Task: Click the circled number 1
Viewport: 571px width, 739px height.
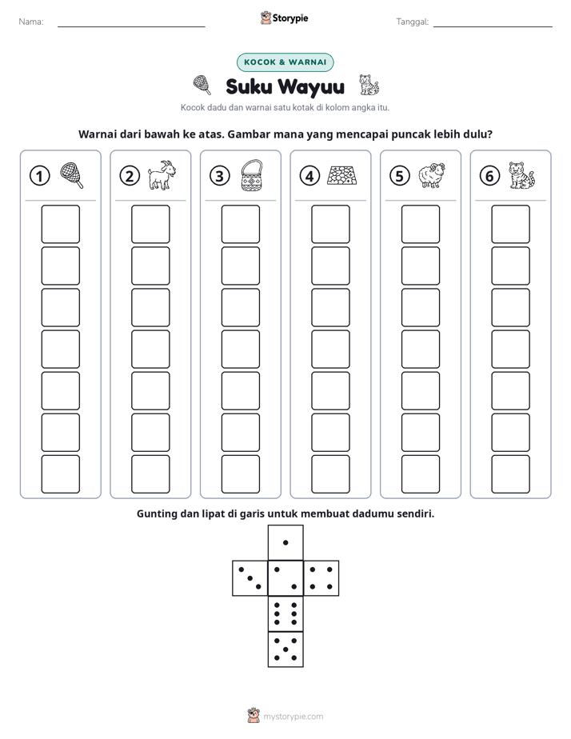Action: pyautogui.click(x=39, y=176)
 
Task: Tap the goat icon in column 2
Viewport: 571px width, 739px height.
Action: pyautogui.click(x=162, y=175)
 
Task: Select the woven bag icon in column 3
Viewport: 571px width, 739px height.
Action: pyautogui.click(x=252, y=175)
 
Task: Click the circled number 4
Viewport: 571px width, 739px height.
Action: pyautogui.click(x=309, y=176)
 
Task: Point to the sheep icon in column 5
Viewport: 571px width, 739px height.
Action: pyautogui.click(x=432, y=175)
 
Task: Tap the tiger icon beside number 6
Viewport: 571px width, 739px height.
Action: pyautogui.click(x=521, y=175)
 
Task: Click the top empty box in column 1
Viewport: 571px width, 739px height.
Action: pyautogui.click(x=60, y=224)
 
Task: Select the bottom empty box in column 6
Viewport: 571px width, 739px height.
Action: pyautogui.click(x=510, y=474)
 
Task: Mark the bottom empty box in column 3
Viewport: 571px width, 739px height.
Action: pyautogui.click(x=240, y=474)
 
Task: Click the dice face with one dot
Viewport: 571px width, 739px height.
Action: pyautogui.click(x=285, y=542)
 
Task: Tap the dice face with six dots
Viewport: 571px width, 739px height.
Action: pyautogui.click(x=285, y=613)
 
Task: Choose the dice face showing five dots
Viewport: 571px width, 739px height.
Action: pyautogui.click(x=285, y=649)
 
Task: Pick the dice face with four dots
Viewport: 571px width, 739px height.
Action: pyautogui.click(x=321, y=578)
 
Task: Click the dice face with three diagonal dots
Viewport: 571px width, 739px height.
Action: pyautogui.click(x=250, y=578)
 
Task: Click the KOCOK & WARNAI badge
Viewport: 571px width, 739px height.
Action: pyautogui.click(x=285, y=62)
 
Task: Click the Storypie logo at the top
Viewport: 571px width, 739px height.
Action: pyautogui.click(x=284, y=18)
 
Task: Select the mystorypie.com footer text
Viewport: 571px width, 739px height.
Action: pyautogui.click(x=293, y=717)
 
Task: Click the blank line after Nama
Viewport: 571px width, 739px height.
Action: pyautogui.click(x=131, y=26)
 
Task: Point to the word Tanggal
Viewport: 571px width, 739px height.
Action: pyautogui.click(x=412, y=22)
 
